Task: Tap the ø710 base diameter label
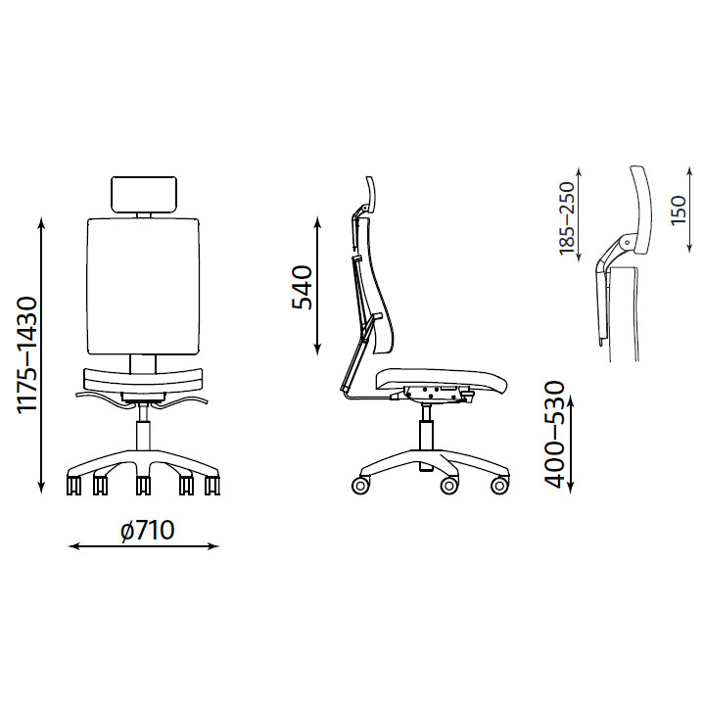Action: [x=147, y=531]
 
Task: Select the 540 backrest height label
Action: [x=302, y=288]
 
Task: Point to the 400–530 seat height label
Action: [x=554, y=434]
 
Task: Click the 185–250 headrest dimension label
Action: [x=567, y=218]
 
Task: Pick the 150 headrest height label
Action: [x=679, y=210]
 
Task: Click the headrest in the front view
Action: [x=144, y=194]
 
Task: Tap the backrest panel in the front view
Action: [x=143, y=286]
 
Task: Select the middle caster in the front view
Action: [x=143, y=485]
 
